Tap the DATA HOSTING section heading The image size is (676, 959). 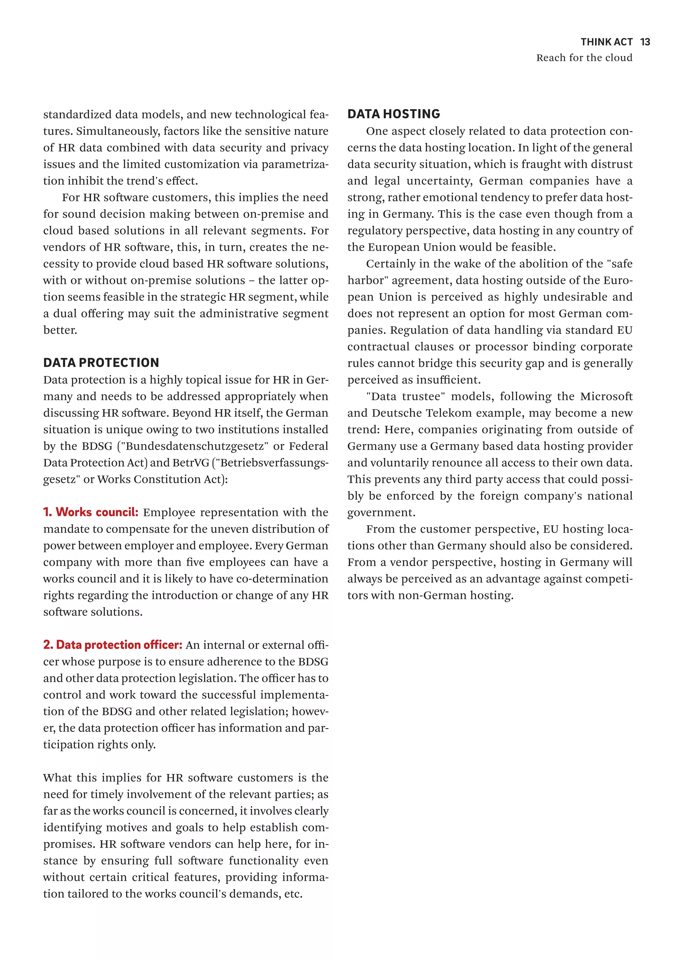tap(393, 114)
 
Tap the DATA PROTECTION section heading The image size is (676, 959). tap(101, 362)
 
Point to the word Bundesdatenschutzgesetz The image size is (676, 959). tap(194, 446)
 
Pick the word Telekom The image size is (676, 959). tap(453, 413)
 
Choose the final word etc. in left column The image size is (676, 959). tap(293, 894)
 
